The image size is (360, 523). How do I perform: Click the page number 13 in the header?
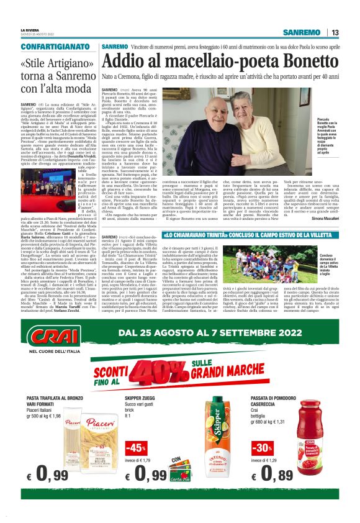pyautogui.click(x=335, y=32)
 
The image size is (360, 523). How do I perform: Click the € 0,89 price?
pyautogui.click(x=283, y=474)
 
